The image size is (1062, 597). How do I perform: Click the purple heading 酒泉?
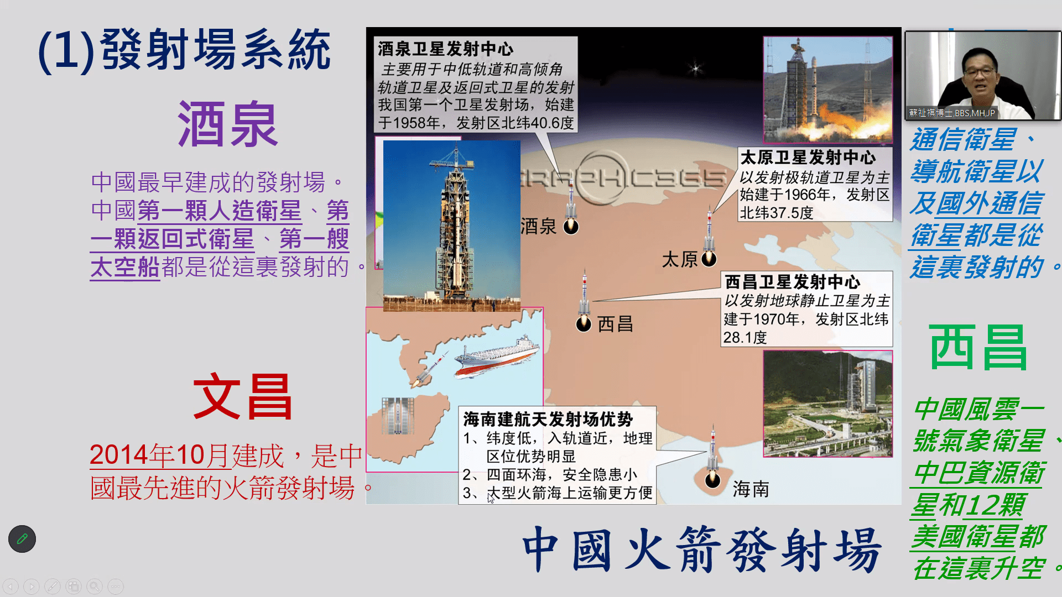coord(227,124)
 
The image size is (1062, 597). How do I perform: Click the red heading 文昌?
coord(242,396)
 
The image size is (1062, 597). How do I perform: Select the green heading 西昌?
coord(978,347)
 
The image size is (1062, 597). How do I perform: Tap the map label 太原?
coord(680,259)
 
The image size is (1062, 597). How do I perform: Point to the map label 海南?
coord(751,489)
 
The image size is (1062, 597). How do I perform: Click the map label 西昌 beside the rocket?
coord(615,324)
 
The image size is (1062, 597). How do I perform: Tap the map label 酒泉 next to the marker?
coord(538,226)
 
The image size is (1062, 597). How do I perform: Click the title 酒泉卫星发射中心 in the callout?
coord(446,49)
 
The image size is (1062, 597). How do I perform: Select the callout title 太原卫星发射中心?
coord(808,158)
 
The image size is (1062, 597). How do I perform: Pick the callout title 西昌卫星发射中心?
coord(793,282)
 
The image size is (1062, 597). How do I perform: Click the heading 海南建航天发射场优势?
coord(548,419)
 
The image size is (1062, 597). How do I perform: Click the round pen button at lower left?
coord(22,538)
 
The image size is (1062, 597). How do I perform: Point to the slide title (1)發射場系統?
coord(185,50)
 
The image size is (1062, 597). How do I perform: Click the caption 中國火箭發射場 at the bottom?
coord(701,549)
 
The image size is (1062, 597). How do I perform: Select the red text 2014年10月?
coord(159,455)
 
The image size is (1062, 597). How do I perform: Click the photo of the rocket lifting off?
coord(828,90)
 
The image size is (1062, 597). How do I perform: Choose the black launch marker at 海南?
coord(712,480)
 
